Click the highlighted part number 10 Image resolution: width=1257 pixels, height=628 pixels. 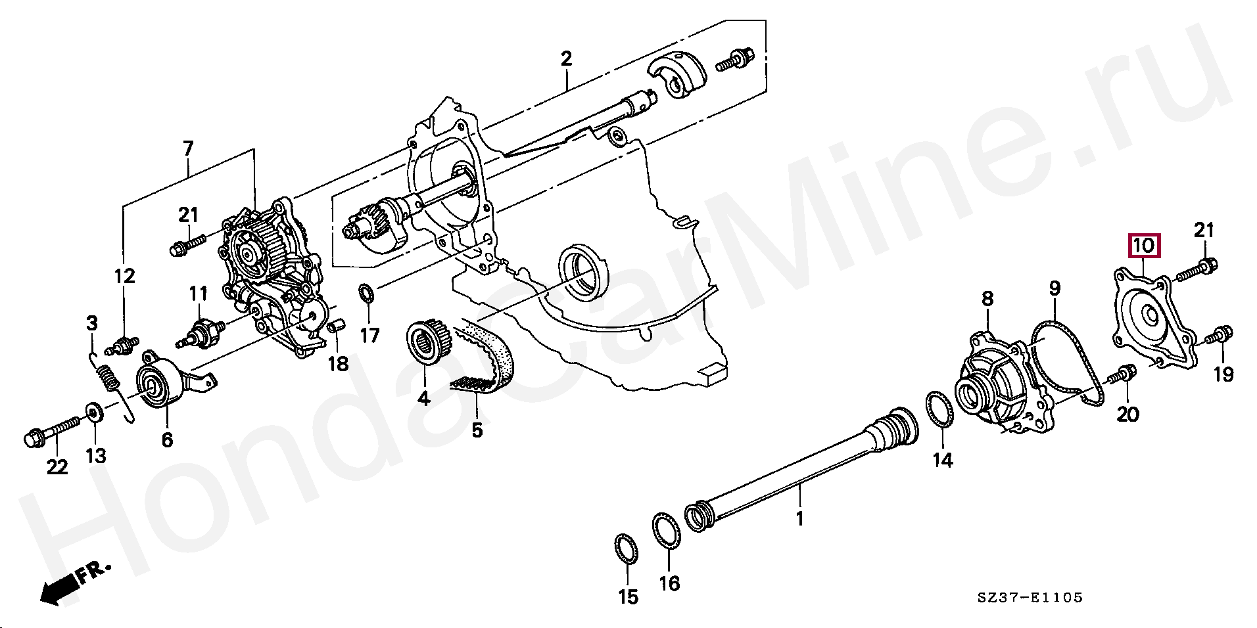(x=1145, y=246)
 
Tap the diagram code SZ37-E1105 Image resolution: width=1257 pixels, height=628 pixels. (x=1029, y=598)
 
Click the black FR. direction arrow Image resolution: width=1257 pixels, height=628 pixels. (x=59, y=590)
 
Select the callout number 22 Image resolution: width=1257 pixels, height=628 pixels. (x=57, y=467)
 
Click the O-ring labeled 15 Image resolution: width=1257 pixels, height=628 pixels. (x=626, y=549)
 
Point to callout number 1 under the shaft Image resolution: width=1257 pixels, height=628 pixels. (x=799, y=519)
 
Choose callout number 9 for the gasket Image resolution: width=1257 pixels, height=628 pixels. (x=1054, y=288)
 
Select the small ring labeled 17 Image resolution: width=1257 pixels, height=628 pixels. (x=366, y=293)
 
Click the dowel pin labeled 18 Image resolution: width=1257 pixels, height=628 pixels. (x=336, y=326)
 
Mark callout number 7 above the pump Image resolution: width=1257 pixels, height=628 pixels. (x=188, y=148)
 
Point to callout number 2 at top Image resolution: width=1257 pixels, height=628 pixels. (x=566, y=58)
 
